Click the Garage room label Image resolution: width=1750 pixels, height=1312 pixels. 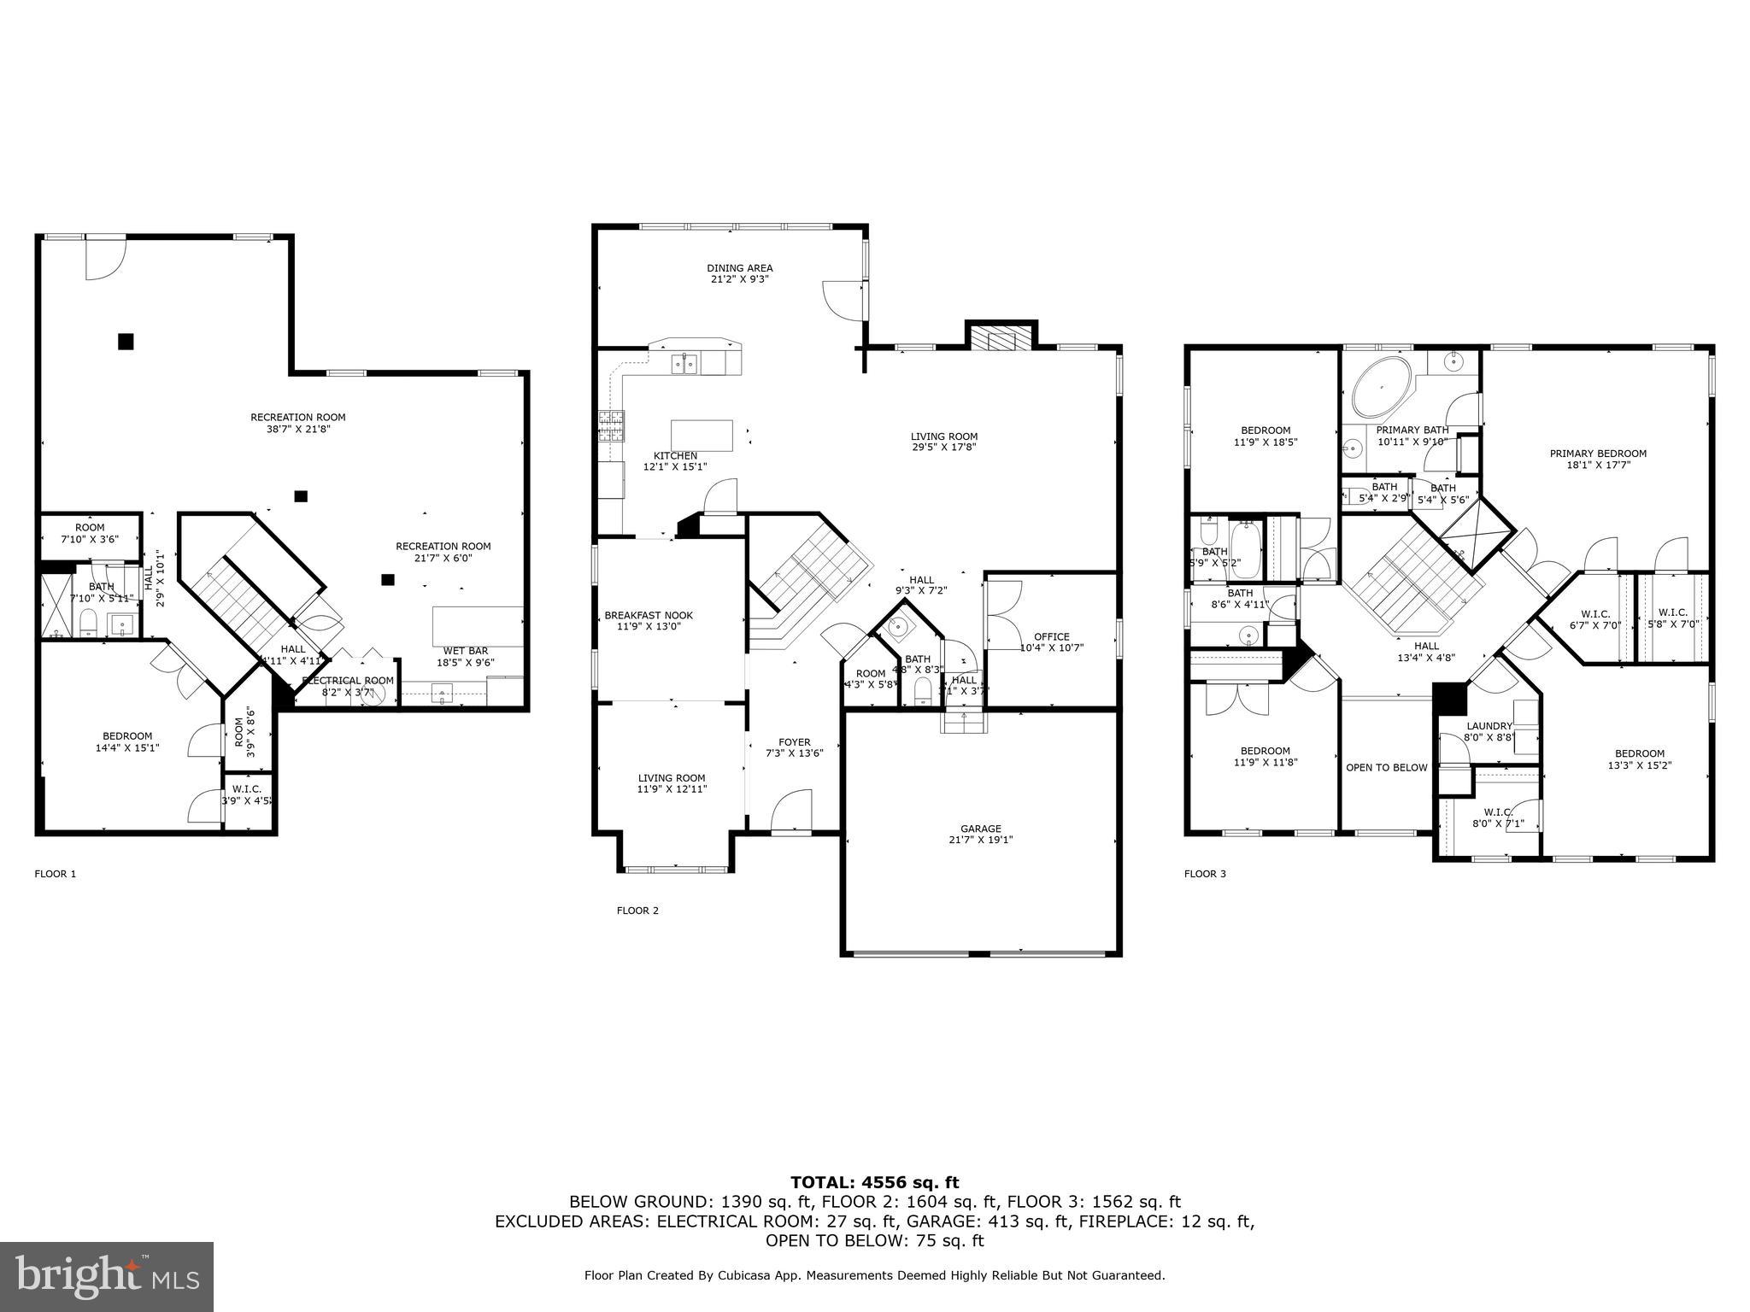coord(980,834)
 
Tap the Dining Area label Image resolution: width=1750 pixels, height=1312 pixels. coord(739,272)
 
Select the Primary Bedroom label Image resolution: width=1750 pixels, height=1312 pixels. coord(1597,459)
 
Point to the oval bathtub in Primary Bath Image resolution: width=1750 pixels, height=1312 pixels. coord(1382,388)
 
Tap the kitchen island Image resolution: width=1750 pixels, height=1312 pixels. coord(702,435)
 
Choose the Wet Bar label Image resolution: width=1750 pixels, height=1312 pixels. coord(465,656)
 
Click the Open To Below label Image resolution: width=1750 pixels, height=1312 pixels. coord(1386,767)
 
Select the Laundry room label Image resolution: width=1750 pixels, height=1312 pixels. coord(1489,731)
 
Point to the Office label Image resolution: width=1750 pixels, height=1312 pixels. coord(1051,641)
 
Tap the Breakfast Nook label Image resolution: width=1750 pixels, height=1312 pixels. coord(649,620)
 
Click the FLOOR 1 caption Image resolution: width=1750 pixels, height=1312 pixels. coord(55,874)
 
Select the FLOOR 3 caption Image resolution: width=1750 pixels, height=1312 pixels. coord(1205,874)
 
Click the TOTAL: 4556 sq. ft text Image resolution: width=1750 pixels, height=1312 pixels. coord(874,1182)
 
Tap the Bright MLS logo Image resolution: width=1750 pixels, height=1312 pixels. coord(107,1276)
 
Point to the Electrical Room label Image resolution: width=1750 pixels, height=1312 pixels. coord(348,686)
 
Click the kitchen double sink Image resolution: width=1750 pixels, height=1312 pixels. coord(684,365)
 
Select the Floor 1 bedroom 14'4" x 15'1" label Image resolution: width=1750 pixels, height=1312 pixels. coord(127,741)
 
